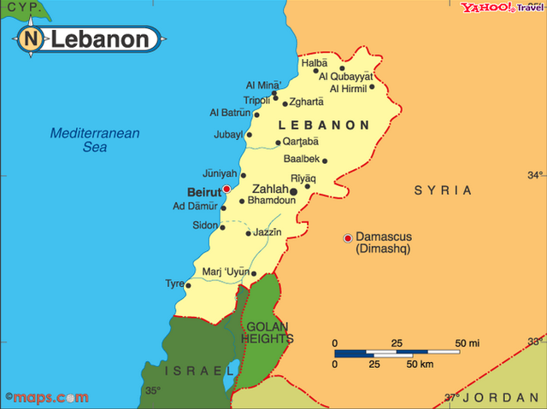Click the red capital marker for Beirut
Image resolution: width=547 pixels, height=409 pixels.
pyautogui.click(x=226, y=189)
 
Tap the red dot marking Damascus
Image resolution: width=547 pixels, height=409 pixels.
pyautogui.click(x=348, y=237)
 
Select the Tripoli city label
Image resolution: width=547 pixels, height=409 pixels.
pyautogui.click(x=257, y=100)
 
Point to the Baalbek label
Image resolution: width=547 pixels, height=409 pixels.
pyautogui.click(x=301, y=159)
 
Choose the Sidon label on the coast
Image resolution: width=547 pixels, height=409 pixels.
pyautogui.click(x=204, y=225)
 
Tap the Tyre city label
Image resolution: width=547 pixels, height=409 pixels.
pyautogui.click(x=174, y=283)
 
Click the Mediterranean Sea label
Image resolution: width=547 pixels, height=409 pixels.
pyautogui.click(x=94, y=139)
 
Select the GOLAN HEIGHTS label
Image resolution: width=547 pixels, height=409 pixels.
pyautogui.click(x=268, y=333)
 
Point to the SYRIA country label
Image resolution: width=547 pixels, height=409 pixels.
pyautogui.click(x=443, y=190)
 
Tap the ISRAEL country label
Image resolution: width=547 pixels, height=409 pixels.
pyautogui.click(x=198, y=371)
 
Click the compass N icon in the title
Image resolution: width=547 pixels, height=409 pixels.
pyautogui.click(x=31, y=38)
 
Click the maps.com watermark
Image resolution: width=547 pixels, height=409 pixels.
pyautogui.click(x=46, y=397)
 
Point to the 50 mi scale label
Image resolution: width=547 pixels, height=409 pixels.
pyautogui.click(x=468, y=343)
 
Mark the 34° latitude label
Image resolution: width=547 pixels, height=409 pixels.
pyautogui.click(x=535, y=176)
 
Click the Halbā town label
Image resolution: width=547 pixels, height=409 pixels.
pyautogui.click(x=314, y=62)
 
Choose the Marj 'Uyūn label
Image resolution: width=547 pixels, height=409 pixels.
pyautogui.click(x=226, y=272)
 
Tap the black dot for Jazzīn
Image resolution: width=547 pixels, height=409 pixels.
pyautogui.click(x=248, y=233)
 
